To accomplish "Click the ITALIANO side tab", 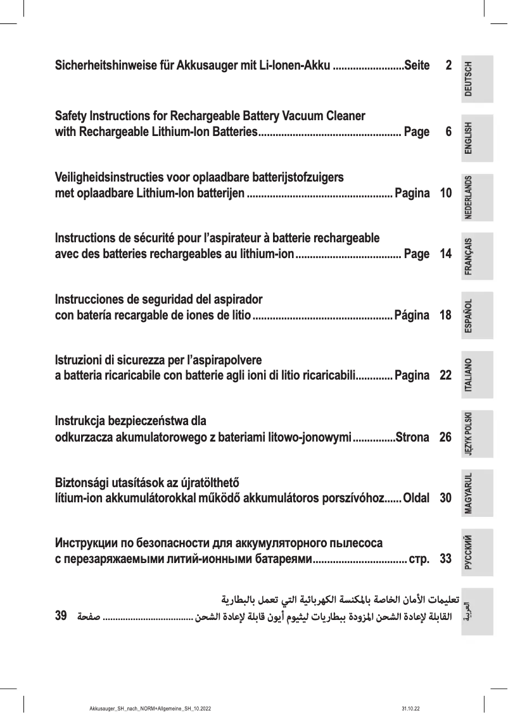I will pos(477,375).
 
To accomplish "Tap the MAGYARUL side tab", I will pos(477,493).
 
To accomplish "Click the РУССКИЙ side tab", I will pos(477,552).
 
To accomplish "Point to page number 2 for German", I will pos(448,65).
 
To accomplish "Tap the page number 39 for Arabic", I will pos(61,615).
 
